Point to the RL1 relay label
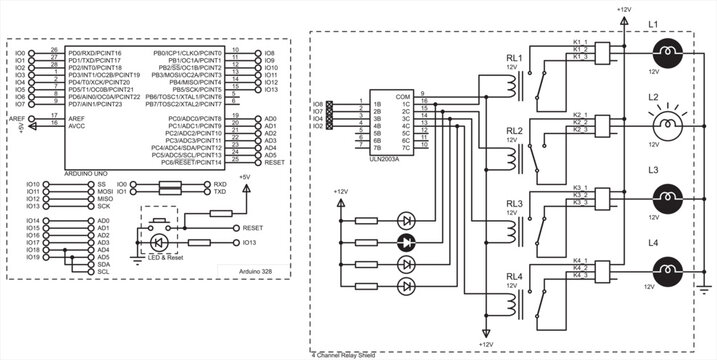pyautogui.click(x=514, y=59)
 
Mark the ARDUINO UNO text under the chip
pyautogui.click(x=90, y=173)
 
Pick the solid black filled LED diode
pyautogui.click(x=405, y=242)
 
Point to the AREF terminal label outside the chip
pyautogui.click(x=16, y=118)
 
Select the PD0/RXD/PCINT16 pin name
pyautogui.click(x=95, y=52)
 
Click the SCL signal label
pyautogui.click(x=102, y=271)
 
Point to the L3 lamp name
pyautogui.click(x=653, y=170)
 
